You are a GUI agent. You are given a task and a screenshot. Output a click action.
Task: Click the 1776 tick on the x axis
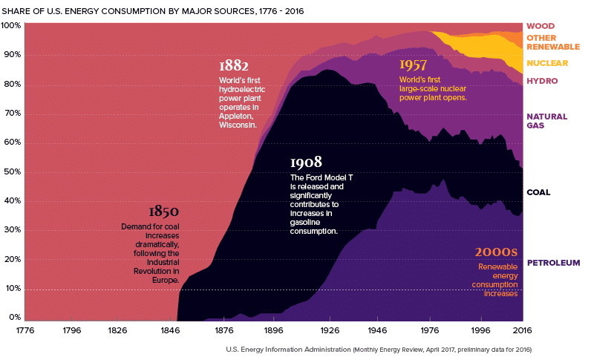point(25,330)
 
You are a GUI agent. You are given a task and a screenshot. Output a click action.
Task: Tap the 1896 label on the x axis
point(273,330)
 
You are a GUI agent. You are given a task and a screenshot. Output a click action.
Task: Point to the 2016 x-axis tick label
point(522,330)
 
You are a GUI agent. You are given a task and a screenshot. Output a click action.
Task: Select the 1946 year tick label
point(377,330)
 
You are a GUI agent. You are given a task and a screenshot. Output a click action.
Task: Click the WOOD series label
point(541,26)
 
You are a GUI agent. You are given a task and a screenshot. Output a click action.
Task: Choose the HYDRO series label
point(542,81)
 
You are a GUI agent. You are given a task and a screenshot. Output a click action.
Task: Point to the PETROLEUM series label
point(553,263)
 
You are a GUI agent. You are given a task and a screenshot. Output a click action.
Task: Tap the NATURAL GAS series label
point(546,121)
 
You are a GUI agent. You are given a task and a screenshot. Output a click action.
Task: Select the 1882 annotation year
point(234,65)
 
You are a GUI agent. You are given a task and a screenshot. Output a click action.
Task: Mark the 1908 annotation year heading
point(306,162)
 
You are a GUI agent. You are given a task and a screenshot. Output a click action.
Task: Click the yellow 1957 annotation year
point(414,65)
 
